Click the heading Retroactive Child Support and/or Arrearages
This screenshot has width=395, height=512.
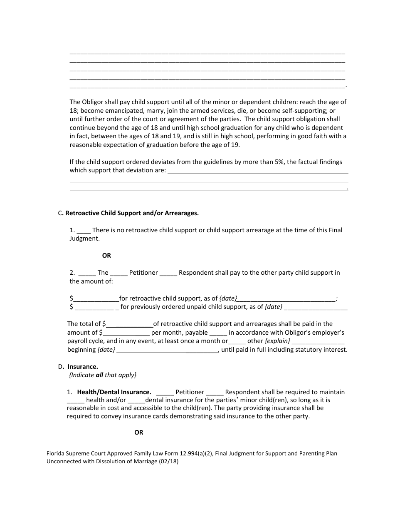(x=132, y=213)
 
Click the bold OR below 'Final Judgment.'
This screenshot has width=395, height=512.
(x=106, y=256)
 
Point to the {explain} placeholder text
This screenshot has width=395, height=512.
(x=277, y=341)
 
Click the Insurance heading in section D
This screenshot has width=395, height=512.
(x=83, y=367)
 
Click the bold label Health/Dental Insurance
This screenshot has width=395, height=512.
(x=114, y=392)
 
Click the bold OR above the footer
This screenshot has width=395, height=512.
(x=138, y=432)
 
